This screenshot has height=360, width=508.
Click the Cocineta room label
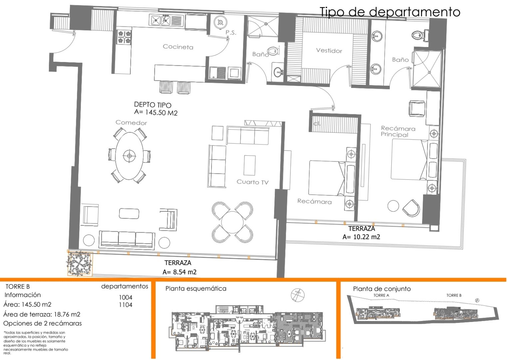(178, 47)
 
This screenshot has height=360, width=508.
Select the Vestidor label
(329, 51)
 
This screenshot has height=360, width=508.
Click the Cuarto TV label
(252, 182)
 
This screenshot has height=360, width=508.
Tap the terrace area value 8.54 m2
(180, 272)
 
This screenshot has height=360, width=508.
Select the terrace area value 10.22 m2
(361, 237)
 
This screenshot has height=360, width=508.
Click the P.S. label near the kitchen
(231, 33)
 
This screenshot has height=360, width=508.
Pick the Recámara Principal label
(398, 131)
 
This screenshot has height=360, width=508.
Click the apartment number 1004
(126, 297)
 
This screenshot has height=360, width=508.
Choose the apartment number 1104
(126, 305)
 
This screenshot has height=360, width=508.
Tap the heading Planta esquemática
(196, 289)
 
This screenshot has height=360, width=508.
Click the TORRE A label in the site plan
(381, 295)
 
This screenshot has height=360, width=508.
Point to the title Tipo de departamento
(390, 12)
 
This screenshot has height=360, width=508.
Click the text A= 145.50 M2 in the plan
(156, 113)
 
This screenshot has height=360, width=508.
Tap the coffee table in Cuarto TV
(249, 165)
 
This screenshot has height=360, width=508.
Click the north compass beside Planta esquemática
(297, 295)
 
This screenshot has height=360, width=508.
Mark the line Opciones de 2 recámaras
(42, 323)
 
